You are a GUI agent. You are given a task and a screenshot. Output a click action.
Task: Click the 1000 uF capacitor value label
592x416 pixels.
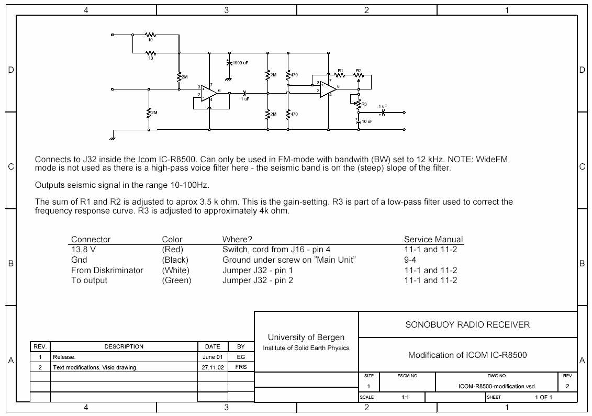tap(240, 63)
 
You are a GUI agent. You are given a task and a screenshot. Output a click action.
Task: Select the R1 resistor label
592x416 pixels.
tap(340, 70)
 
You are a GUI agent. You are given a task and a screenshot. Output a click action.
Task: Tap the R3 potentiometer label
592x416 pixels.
tap(364, 104)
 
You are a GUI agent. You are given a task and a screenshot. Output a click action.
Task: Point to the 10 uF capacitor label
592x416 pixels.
tap(367, 121)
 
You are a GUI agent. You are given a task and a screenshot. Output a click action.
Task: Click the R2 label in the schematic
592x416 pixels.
tap(359, 70)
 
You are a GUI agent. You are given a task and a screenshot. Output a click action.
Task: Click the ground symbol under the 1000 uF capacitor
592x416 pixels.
tap(228, 78)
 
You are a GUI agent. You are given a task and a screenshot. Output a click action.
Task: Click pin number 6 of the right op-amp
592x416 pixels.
tap(339, 86)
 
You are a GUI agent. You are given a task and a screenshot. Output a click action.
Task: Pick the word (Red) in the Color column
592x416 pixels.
tap(173, 250)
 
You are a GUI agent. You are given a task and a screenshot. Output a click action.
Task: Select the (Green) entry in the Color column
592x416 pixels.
tap(176, 280)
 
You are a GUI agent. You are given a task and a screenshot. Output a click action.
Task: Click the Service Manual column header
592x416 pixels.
tap(433, 240)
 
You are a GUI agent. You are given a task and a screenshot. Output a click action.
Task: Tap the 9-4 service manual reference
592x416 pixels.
tap(410, 260)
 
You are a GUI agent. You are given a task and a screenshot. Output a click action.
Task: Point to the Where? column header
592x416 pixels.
tap(237, 240)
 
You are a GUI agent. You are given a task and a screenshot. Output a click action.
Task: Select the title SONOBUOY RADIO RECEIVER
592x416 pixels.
tap(467, 324)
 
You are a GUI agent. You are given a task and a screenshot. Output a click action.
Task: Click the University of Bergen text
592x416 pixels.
tap(306, 337)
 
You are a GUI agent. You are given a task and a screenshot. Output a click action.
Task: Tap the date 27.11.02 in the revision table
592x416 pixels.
tap(213, 367)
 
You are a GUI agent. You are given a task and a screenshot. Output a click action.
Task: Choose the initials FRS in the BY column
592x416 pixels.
tap(241, 367)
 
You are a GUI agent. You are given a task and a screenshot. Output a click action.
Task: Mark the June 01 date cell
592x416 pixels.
tap(213, 357)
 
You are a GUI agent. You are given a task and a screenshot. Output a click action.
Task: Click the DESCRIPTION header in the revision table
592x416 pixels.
tap(124, 346)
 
